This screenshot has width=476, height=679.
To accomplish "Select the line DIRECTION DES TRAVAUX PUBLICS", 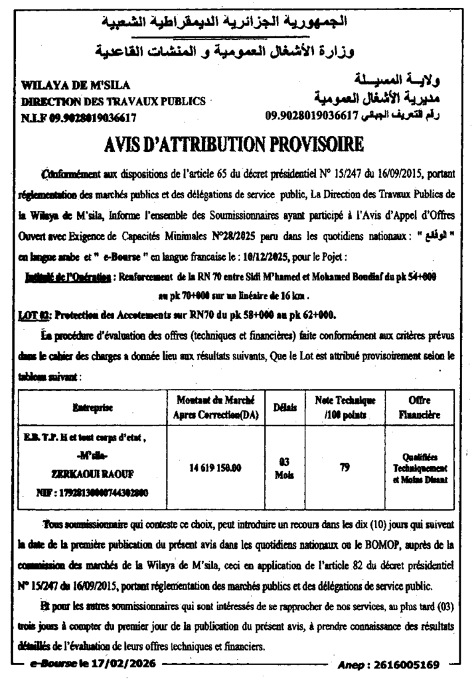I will pos(113,102).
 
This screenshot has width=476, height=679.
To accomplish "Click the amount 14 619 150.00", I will pos(215,467).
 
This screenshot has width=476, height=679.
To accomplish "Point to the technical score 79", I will pos(345,467).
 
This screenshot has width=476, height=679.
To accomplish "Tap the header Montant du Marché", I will pos(215,400).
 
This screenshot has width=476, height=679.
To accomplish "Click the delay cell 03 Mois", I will pos(283,468).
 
